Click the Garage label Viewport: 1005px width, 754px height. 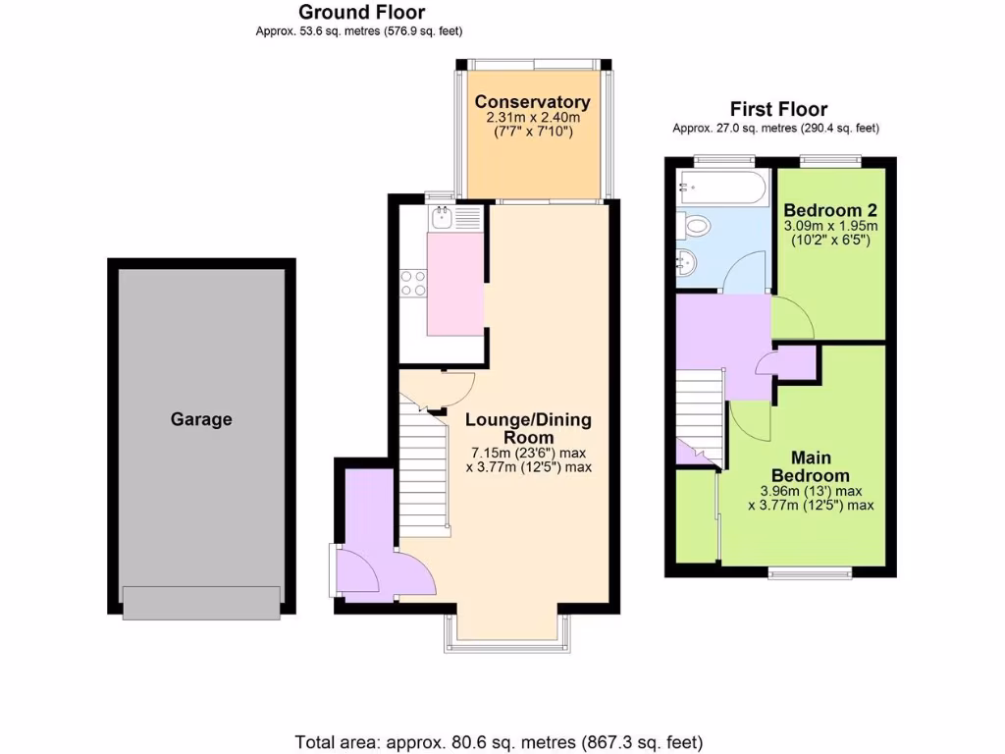tap(201, 419)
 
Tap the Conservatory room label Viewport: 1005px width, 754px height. tap(532, 102)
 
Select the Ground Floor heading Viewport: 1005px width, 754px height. tap(361, 13)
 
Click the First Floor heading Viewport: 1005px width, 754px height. tap(777, 109)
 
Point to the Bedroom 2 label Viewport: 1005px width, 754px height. tap(829, 210)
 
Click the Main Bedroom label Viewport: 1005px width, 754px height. tap(811, 466)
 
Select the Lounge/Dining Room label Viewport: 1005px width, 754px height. tap(528, 429)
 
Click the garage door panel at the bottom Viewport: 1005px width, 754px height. tap(200, 601)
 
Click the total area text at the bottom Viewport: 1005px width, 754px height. tap(499, 742)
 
